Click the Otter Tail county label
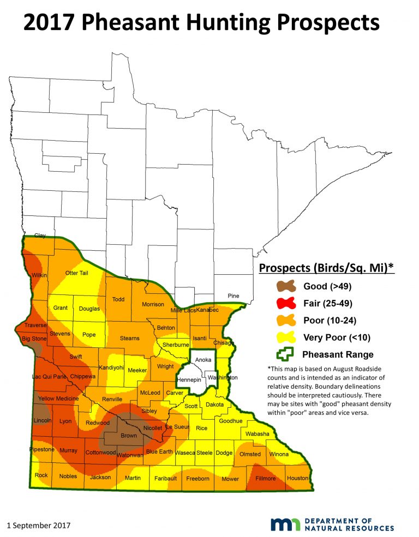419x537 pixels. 76,273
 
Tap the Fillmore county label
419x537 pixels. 267,479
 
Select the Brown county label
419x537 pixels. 129,436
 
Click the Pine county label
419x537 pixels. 233,296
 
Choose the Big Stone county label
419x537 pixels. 34,339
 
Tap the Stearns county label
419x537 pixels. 130,339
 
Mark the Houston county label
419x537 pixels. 297,478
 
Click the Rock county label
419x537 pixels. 41,475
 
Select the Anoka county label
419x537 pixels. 203,360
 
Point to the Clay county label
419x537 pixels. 40,236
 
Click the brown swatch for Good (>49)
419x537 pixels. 285,286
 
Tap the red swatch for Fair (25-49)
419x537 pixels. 285,303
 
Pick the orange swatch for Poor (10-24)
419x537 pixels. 285,320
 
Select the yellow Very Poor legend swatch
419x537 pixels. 285,337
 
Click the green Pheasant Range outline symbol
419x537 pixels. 285,354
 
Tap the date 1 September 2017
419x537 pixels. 39,526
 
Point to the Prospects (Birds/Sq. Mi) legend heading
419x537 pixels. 326,268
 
